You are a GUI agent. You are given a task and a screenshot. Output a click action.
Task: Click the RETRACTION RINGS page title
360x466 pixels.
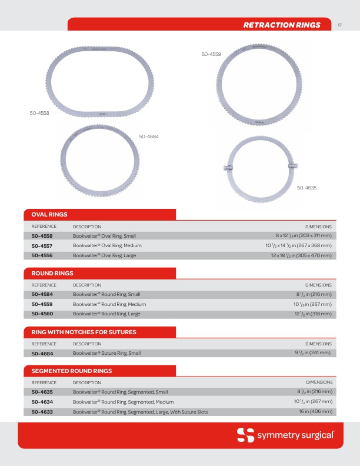282,25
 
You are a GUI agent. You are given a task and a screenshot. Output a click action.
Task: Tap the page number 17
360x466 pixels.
340,25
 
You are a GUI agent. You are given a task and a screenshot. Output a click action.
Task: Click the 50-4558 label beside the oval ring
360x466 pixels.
39,112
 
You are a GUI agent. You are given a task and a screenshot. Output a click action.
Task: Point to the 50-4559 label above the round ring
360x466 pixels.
211,54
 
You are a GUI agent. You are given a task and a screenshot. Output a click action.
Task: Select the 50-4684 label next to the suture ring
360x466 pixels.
149,137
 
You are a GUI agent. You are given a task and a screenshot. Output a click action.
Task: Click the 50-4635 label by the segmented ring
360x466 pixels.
307,188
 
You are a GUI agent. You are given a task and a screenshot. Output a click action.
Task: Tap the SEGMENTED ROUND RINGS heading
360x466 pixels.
71,371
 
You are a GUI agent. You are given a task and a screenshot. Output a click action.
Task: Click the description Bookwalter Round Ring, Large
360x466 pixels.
106,314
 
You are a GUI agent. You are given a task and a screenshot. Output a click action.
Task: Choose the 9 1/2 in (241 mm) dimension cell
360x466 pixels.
314,353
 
